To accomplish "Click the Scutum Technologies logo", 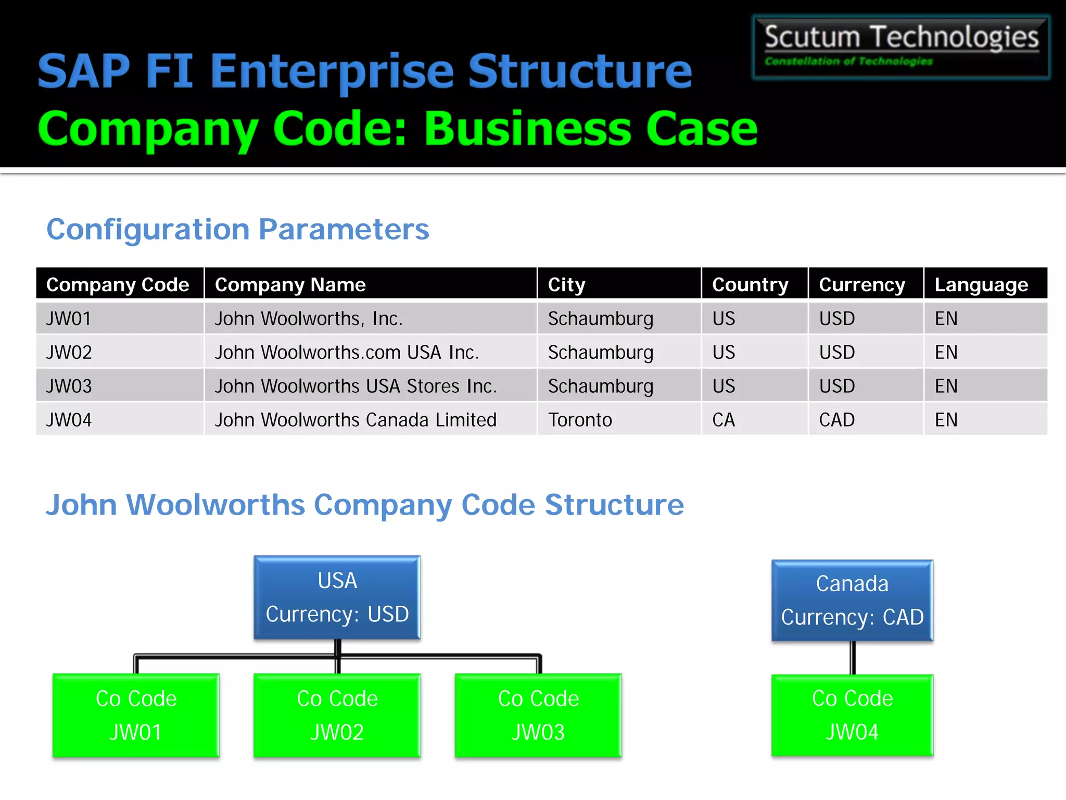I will click(900, 47).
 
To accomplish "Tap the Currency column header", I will click(862, 284).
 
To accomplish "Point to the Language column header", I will click(981, 284).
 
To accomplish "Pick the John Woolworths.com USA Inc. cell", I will click(347, 352).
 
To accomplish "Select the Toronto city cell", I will click(580, 420).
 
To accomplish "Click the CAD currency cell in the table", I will click(837, 420).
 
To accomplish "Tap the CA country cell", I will click(724, 420).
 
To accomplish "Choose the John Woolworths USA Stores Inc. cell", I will click(356, 386).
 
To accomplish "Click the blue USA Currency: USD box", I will click(337, 597).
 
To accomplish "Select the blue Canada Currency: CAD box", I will click(852, 601).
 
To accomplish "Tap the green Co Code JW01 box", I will click(136, 715).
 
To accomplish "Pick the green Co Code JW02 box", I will click(337, 715).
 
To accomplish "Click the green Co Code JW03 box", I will click(538, 715).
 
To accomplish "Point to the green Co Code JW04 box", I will click(852, 715).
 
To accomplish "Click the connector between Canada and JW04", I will click(853, 658).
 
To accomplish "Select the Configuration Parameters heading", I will click(238, 229).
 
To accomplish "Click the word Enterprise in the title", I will click(332, 71).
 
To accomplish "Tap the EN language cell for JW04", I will click(946, 420).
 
